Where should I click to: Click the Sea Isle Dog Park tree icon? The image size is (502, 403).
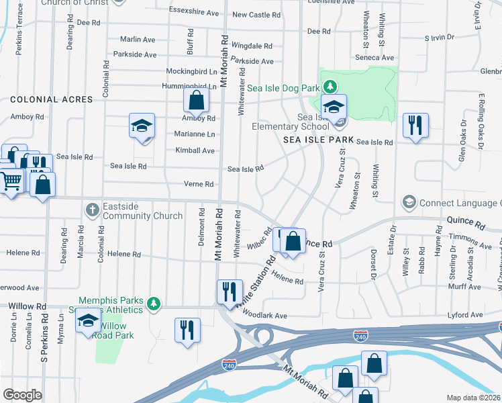(330, 86)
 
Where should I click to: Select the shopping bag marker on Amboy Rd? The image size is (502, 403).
(195, 101)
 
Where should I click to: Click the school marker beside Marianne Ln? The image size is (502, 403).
(142, 126)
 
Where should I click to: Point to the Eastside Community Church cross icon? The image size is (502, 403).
(93, 210)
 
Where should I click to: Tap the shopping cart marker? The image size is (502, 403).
(11, 180)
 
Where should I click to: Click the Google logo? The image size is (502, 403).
(22, 394)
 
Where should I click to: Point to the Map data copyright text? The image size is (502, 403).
(473, 398)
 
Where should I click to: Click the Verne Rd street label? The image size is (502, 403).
(199, 184)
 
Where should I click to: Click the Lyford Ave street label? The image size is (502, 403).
(466, 315)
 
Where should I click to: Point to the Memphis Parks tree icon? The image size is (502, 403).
(154, 304)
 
